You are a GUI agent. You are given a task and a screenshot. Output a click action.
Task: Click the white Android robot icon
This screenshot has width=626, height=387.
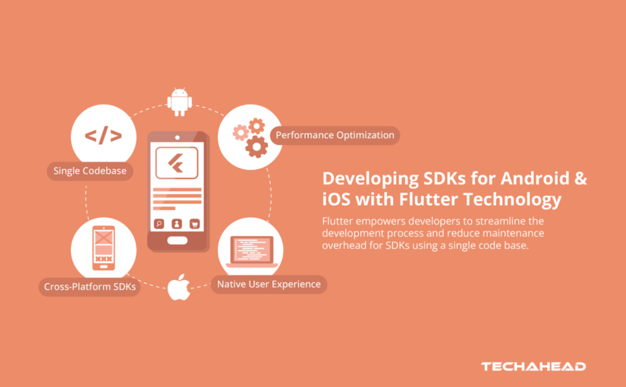pos(179,102)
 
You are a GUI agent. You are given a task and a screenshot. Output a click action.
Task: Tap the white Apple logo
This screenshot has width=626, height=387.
pos(179,286)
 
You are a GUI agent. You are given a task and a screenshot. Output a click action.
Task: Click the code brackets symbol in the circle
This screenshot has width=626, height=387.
pos(103,137)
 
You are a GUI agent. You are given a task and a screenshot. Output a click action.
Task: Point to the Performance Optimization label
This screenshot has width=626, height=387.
pos(335,136)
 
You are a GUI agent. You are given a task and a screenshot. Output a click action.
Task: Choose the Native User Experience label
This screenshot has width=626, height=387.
pos(269,285)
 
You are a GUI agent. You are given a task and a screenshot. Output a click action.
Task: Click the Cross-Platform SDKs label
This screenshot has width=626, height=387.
pos(90,287)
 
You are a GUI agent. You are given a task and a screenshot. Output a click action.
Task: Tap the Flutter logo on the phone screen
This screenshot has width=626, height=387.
pos(176,163)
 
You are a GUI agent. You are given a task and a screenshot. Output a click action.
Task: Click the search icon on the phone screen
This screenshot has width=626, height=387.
pos(159,223)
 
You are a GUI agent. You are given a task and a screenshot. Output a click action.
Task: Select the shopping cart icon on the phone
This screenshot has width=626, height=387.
pos(194,223)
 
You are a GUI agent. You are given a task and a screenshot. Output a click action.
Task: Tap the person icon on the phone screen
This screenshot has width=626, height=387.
pos(176,223)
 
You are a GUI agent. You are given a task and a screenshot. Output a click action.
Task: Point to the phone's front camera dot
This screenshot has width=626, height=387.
pos(176,138)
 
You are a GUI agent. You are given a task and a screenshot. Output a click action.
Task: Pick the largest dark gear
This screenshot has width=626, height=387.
pos(256,146)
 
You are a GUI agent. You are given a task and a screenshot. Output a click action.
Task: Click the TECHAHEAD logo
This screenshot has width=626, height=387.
pos(533,367)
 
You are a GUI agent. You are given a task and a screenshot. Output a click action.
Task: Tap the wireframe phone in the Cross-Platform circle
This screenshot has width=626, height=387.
pos(103,247)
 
